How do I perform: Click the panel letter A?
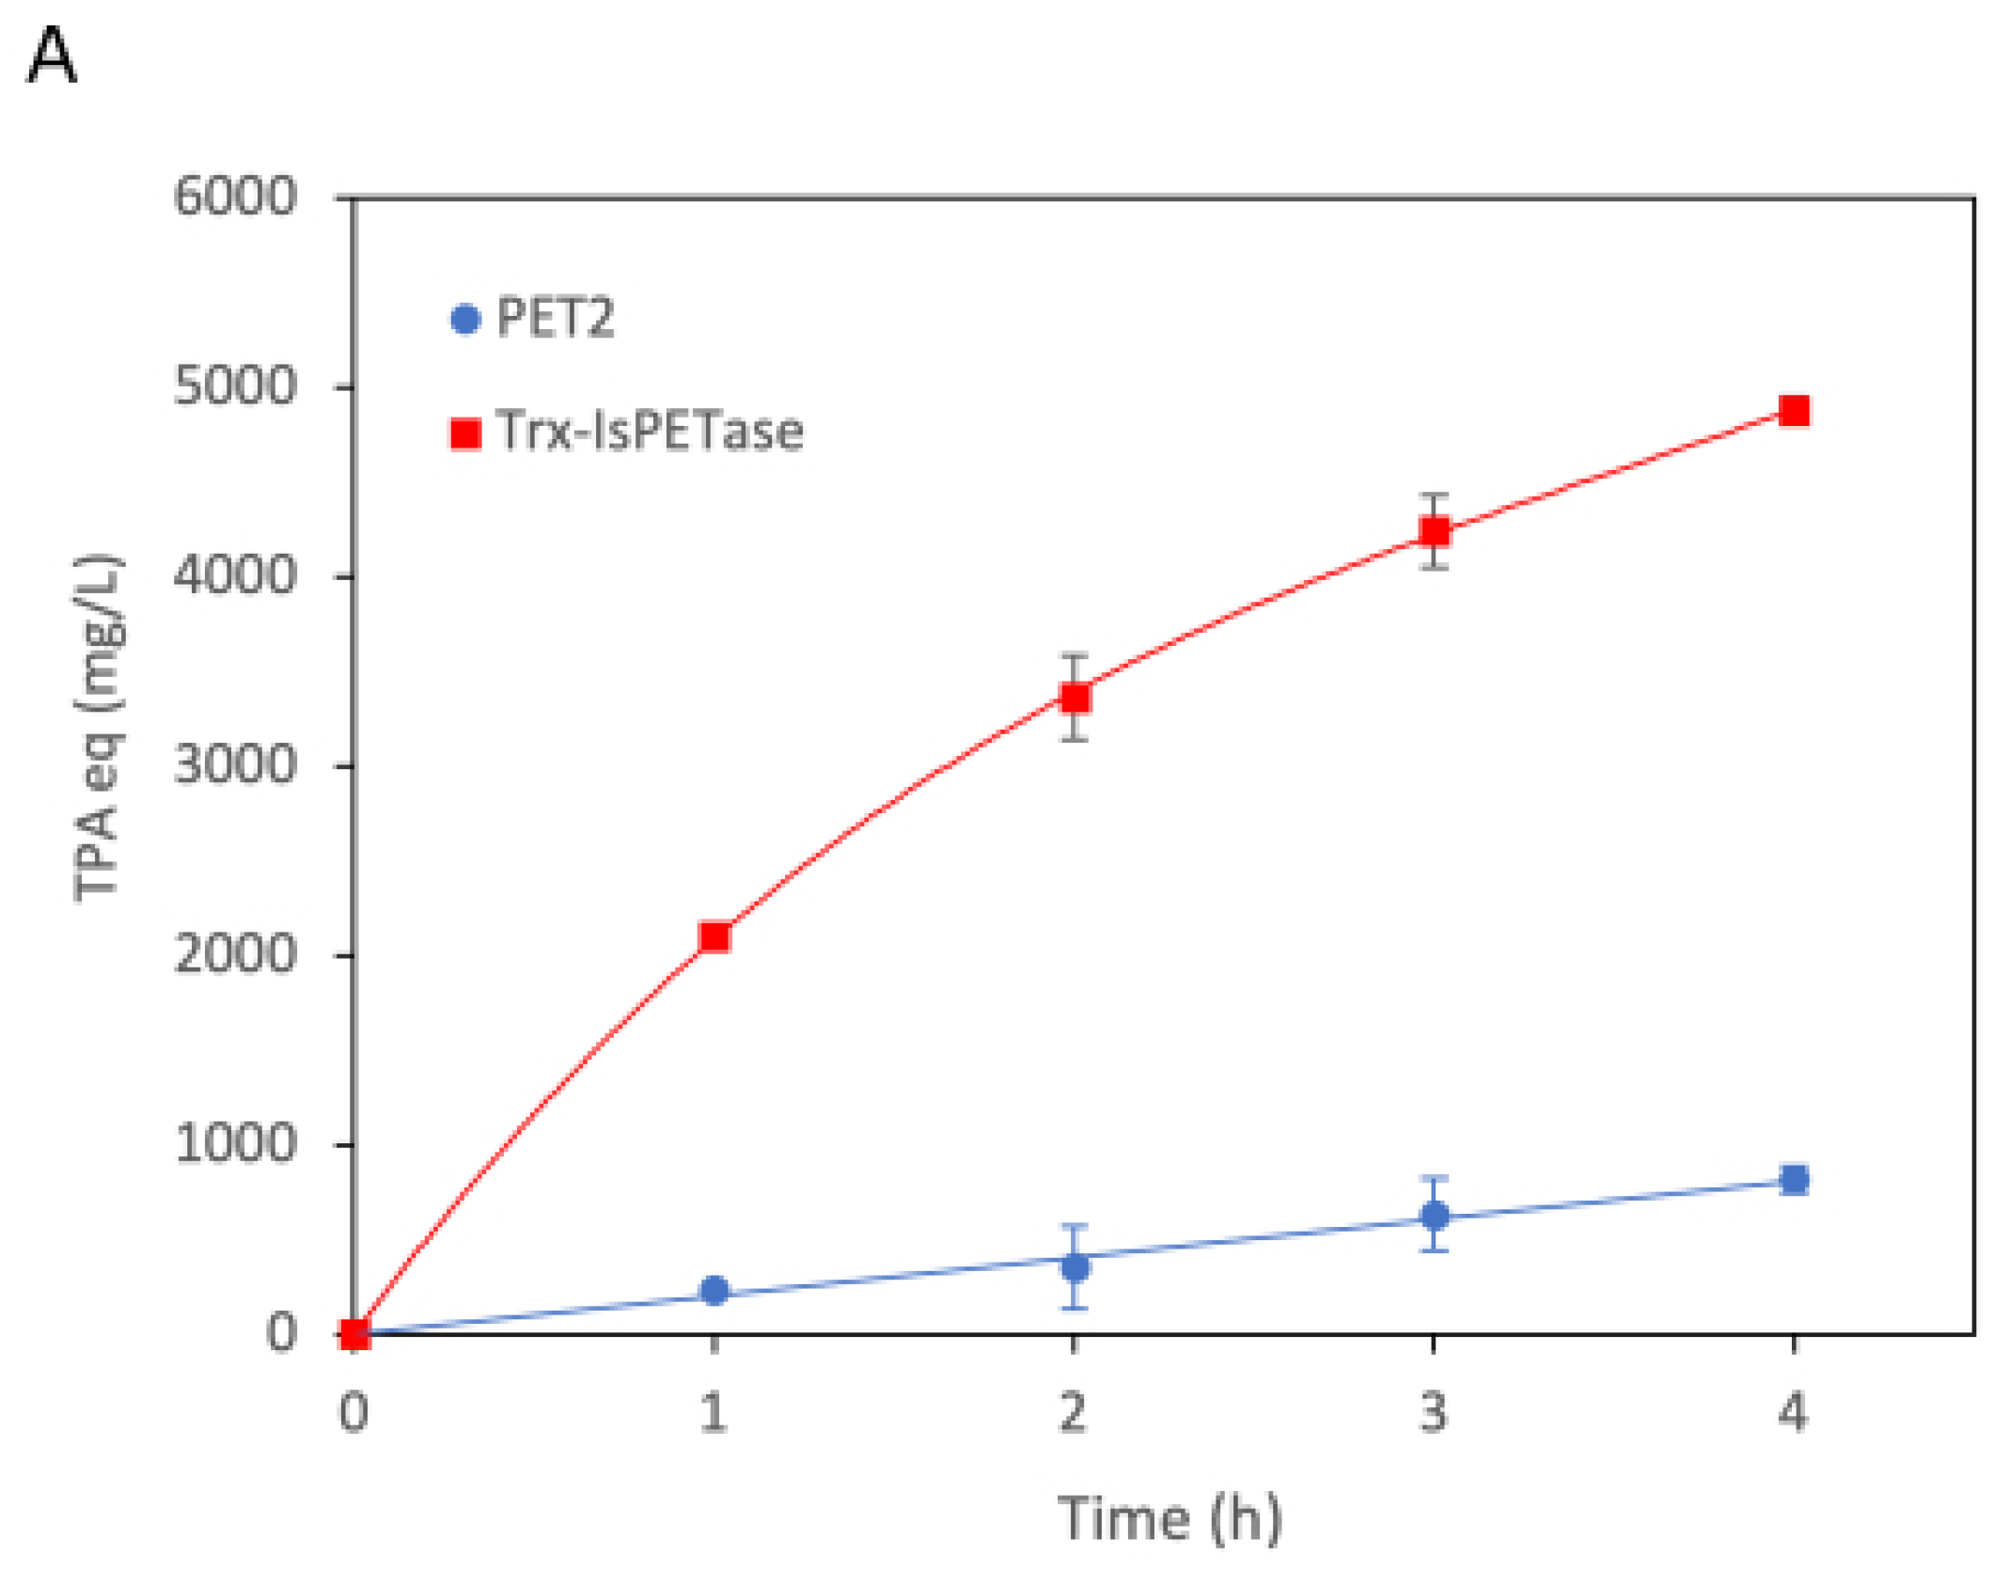[52, 56]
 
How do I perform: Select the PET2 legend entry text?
[555, 318]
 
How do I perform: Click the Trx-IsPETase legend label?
[649, 432]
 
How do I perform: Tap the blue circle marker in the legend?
[465, 319]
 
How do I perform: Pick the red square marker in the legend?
[465, 433]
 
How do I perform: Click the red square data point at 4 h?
[1794, 411]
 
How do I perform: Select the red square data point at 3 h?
[1434, 531]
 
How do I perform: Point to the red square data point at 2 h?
[1075, 698]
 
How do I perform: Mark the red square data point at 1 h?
[714, 936]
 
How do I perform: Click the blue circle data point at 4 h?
[1794, 1180]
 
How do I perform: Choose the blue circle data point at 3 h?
[1434, 1216]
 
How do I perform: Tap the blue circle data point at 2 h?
[1075, 1267]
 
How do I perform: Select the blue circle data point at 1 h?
[714, 1290]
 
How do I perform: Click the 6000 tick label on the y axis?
[235, 197]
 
